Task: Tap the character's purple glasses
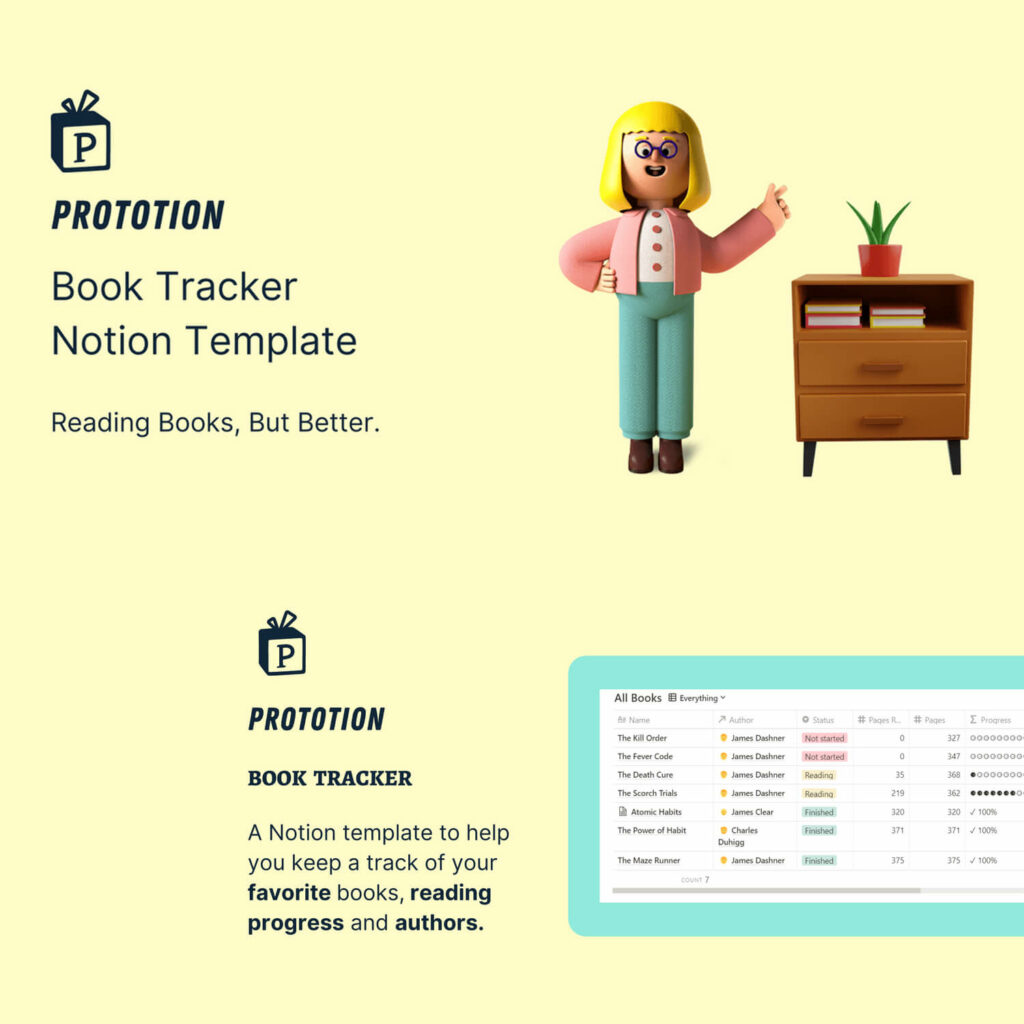pos(656,150)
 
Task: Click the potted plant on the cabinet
pos(879,238)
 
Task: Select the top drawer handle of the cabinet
pos(881,367)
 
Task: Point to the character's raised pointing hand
pos(773,204)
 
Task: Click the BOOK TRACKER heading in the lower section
pos(330,778)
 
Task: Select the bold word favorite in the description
pos(289,892)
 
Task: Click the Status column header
pos(823,720)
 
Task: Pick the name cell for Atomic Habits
pos(656,812)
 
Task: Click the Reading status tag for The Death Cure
pos(819,775)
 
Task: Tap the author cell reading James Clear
pos(752,812)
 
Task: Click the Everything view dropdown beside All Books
pos(696,698)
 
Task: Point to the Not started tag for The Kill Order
pos(825,738)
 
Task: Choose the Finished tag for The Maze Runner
pos(819,860)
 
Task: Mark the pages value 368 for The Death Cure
pos(953,775)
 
